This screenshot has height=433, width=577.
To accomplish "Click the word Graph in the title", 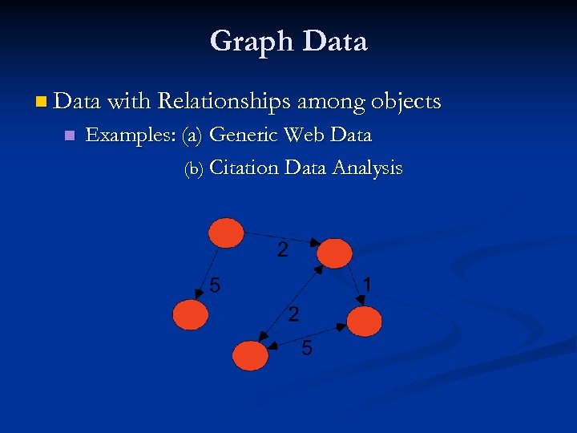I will [246, 41].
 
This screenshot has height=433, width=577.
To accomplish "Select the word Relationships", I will [224, 102].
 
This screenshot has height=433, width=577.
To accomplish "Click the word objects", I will [406, 102].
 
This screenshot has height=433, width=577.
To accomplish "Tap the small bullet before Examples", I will [69, 136].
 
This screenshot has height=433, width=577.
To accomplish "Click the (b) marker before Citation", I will [195, 169].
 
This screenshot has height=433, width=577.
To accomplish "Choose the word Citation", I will [244, 168].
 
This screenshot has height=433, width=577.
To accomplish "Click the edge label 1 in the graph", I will [366, 285].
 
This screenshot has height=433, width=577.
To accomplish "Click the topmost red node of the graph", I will [226, 233].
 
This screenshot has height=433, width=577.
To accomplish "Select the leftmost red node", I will [190, 314].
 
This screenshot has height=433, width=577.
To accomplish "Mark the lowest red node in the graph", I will [250, 354].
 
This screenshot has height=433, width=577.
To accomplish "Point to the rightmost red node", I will [365, 322].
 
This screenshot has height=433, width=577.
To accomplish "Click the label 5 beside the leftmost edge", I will [216, 284].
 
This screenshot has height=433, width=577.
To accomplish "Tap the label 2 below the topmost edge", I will [283, 249].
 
